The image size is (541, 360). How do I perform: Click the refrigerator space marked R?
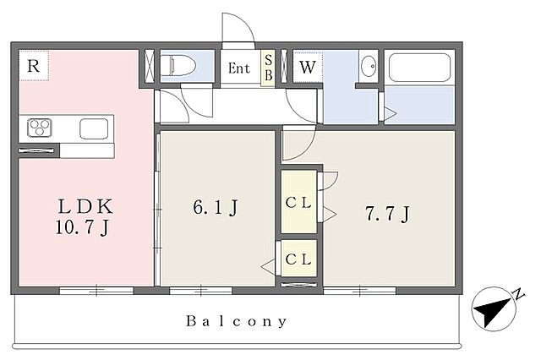coord(34,66)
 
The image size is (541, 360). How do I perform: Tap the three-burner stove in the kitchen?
coord(40,128)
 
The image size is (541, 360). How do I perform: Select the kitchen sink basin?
coord(94,128)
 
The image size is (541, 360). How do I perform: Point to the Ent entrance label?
coord(239,68)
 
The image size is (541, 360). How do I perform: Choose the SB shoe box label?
coord(268,68)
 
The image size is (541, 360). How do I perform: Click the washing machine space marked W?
coord(308,68)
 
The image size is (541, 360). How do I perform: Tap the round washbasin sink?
coord(369,65)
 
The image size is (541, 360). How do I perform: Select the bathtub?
coord(419,68)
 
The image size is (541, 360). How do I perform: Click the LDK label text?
coord(85,206)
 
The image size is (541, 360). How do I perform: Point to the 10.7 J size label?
coord(83,227)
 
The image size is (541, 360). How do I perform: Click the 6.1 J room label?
coord(216,207)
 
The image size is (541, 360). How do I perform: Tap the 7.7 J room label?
coord(387,214)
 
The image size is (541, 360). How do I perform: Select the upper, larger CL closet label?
coord(298,203)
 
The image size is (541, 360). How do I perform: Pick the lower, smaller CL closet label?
coord(298,259)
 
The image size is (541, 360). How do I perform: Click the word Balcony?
coord(237,321)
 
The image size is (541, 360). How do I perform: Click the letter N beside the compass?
coord(518,294)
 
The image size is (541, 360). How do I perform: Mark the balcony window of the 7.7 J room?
coord(360,291)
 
